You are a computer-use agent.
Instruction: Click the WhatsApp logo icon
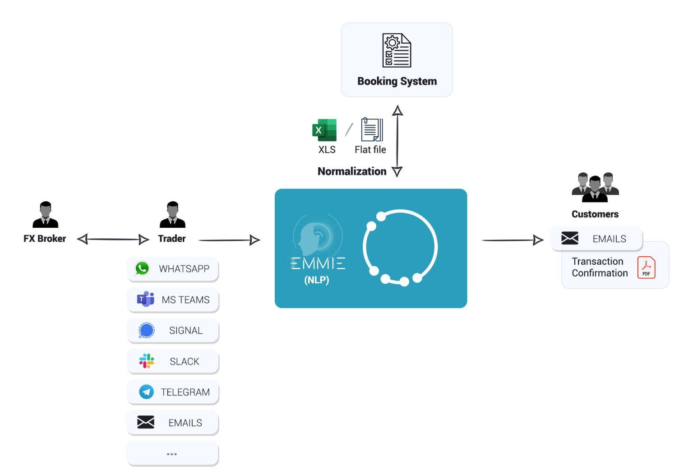coord(142,268)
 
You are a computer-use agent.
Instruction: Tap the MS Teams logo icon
coord(145,299)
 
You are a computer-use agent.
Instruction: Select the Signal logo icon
coord(146,330)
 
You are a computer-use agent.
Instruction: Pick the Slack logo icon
coord(146,361)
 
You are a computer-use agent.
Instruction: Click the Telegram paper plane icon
coord(146,392)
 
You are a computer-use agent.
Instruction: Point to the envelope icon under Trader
coord(146,422)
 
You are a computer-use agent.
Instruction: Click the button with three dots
coord(172,453)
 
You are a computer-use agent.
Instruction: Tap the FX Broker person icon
coord(46,215)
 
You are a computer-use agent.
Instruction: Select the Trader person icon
coord(172,215)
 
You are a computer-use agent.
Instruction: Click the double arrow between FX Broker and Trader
coord(113,239)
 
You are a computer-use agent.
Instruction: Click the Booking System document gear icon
coord(397,50)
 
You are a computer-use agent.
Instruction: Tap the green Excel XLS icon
coord(324,130)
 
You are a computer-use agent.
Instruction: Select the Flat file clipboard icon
coord(372,130)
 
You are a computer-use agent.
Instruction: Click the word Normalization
coord(352,171)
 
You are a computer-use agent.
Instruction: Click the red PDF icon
coord(646,267)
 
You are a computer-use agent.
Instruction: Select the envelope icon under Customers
coord(570,238)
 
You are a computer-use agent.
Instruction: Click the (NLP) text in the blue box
coord(317,280)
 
